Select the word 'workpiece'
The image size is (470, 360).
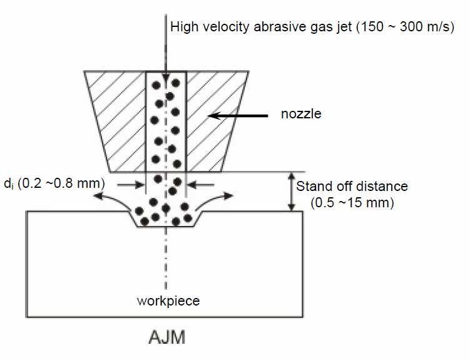coord(168,301)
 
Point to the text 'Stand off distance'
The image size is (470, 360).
coord(352,187)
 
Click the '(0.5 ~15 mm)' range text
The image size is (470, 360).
coord(352,202)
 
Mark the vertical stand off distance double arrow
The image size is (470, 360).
coord(290,192)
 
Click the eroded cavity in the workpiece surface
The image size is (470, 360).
coord(166,219)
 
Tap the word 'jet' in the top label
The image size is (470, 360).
coord(337,28)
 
